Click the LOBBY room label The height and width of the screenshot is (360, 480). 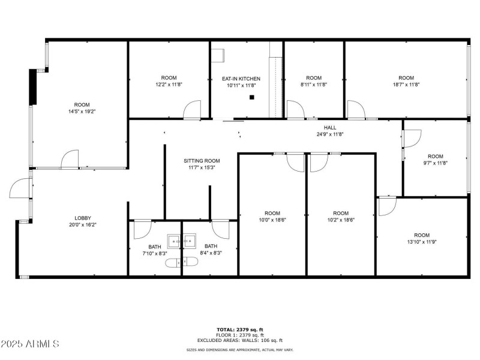[83, 218]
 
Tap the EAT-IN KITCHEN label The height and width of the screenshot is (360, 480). [241, 79]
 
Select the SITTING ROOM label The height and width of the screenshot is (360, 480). [202, 161]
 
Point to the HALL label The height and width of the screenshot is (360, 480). [330, 127]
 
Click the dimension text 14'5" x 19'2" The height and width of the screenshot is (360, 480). [82, 111]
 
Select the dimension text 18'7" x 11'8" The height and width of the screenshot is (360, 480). [406, 85]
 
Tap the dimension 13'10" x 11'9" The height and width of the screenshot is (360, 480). [422, 242]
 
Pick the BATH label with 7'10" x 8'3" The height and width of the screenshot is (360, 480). [155, 247]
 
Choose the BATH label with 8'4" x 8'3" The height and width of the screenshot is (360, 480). [211, 246]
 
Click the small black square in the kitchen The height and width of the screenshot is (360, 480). [252, 97]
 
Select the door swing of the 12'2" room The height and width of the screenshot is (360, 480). [192, 110]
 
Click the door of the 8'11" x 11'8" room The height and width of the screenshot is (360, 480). [295, 109]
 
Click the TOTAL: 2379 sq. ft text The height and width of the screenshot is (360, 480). [240, 329]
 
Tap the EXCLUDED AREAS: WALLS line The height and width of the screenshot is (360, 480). [240, 340]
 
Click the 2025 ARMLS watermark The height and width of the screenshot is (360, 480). [30, 344]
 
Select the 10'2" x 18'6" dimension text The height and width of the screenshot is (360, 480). [341, 220]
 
